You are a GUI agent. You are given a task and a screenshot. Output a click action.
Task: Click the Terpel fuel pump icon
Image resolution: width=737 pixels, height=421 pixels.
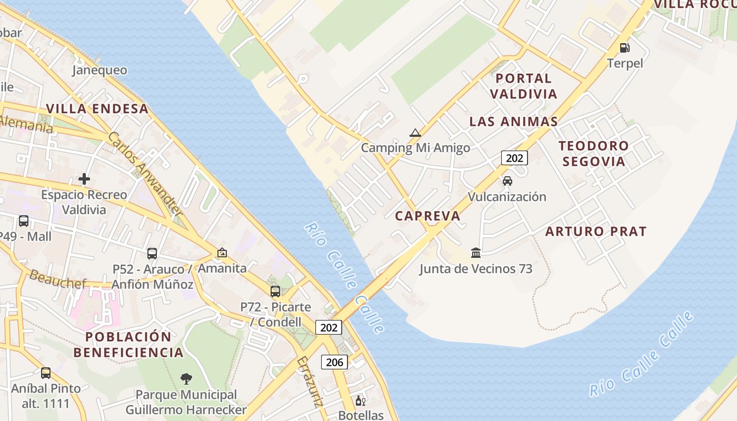point(625,48)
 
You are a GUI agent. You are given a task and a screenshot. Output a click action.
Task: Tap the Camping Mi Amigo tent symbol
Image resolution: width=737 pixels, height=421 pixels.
point(415,133)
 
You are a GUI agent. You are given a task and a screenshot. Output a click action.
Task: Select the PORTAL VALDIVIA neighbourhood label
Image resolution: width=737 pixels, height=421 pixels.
point(523,86)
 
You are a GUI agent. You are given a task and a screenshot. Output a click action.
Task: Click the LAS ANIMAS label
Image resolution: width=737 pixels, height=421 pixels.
point(513,122)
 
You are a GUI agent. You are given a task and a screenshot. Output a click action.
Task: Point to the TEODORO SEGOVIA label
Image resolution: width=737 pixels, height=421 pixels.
point(594,153)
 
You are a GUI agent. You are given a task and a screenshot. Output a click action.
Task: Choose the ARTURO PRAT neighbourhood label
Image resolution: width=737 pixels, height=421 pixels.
point(595,231)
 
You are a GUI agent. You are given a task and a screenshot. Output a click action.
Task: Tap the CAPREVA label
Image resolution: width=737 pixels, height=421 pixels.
point(427,216)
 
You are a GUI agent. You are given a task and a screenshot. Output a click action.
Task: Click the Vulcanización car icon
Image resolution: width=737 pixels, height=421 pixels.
point(507,181)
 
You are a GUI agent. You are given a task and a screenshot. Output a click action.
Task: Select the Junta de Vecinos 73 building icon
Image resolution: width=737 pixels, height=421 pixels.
point(476,253)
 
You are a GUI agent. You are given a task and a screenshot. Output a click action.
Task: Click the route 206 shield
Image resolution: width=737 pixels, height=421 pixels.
point(334,362)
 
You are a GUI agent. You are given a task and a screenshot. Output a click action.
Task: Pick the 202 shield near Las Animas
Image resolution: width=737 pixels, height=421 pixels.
point(514,157)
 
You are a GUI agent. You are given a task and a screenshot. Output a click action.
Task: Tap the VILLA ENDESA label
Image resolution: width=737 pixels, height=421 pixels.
point(97,109)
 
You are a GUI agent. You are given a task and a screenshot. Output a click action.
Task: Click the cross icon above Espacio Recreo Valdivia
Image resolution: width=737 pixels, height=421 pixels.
point(84,179)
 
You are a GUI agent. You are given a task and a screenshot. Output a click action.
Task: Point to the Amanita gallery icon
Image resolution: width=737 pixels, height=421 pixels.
point(222,253)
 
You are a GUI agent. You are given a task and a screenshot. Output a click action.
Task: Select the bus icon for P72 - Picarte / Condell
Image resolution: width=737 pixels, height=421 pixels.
point(275,291)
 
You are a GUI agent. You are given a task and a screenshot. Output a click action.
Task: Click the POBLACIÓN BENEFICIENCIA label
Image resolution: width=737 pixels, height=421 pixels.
point(128,345)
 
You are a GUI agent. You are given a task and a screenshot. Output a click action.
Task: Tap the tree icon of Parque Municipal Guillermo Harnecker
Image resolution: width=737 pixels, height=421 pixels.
point(186,378)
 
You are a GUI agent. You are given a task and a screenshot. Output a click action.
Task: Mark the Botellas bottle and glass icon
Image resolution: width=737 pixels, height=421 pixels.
point(361,401)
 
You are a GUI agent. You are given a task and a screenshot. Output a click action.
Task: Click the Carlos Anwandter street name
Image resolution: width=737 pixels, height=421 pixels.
point(145,174)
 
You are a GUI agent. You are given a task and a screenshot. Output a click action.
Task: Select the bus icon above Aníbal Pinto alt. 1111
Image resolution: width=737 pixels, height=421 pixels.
point(46,373)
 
